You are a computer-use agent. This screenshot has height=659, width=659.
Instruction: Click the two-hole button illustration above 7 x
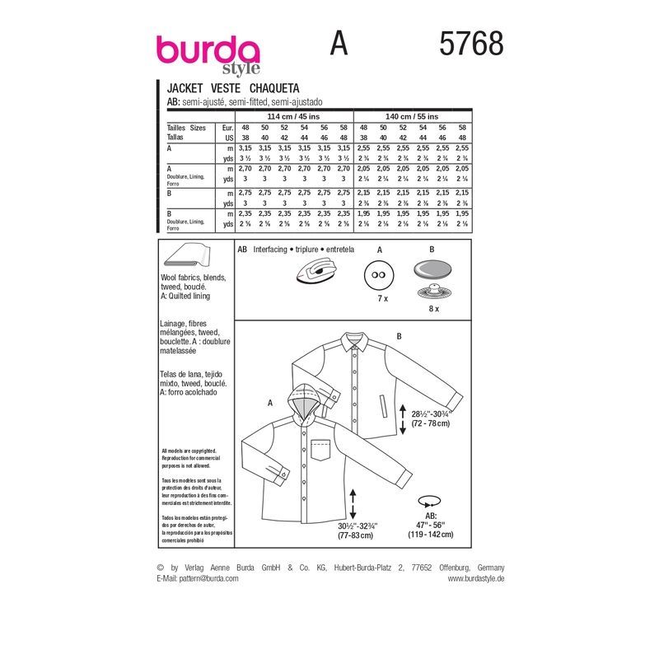click(380, 274)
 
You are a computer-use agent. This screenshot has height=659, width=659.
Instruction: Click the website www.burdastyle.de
click(476, 578)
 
